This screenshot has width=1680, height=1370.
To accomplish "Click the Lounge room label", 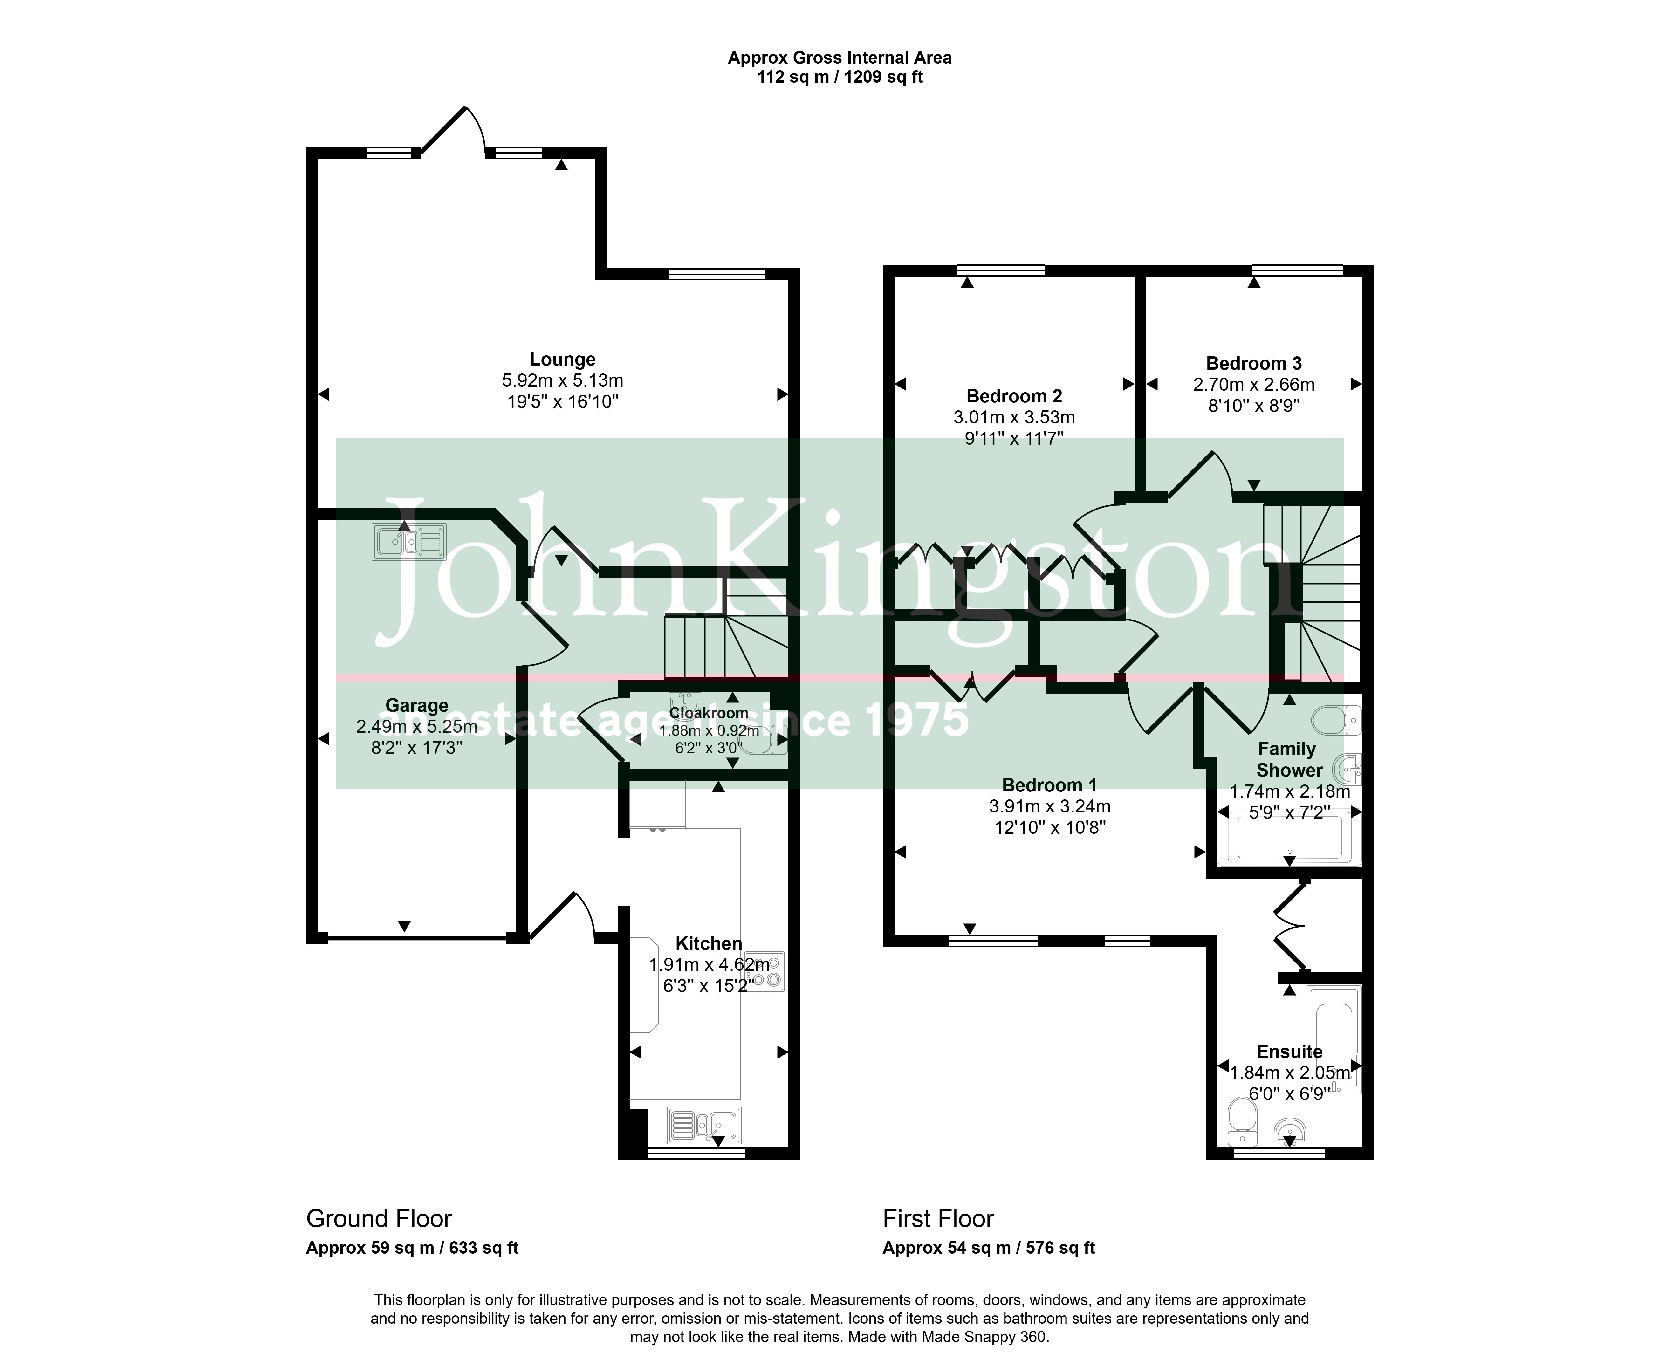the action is pyautogui.click(x=562, y=360).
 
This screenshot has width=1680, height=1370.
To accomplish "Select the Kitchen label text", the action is pyautogui.click(x=709, y=944).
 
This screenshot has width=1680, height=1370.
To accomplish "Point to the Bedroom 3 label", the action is pyautogui.click(x=1254, y=364).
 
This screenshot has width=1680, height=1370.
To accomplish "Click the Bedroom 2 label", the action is pyautogui.click(x=1014, y=396).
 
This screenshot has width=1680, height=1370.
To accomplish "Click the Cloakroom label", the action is pyautogui.click(x=709, y=713).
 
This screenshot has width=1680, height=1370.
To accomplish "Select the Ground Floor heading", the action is pyautogui.click(x=379, y=1219).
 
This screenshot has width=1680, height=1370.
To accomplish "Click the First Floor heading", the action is pyautogui.click(x=938, y=1219).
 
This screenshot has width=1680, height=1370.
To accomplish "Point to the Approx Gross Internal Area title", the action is pyautogui.click(x=840, y=58).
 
